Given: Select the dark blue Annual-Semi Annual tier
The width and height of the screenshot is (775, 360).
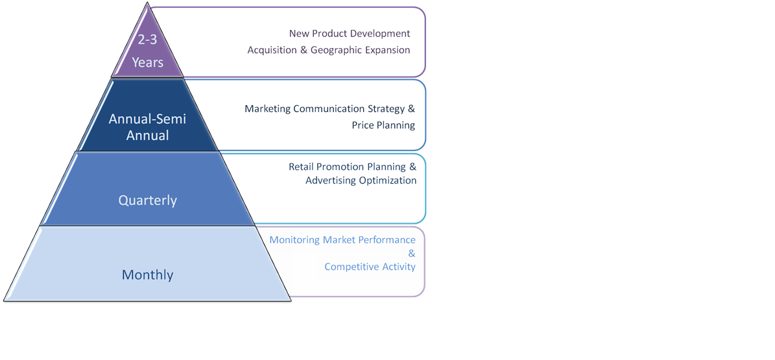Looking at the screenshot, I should coord(148,127).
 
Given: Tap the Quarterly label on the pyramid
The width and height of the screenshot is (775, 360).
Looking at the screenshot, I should coord(147,200).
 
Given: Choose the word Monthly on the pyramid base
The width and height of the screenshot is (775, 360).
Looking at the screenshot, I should coord(147,275).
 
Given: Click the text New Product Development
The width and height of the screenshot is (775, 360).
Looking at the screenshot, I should coord(350,33).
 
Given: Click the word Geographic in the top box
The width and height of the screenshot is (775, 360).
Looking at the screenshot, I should coord(338,50).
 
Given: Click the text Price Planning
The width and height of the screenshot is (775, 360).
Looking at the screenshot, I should coord(383,125).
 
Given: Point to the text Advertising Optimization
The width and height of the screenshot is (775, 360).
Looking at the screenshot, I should coord(361,180).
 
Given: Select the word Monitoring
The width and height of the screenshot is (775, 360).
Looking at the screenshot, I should coord(294,240).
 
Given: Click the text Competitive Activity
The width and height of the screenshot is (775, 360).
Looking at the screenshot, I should coord(370,267).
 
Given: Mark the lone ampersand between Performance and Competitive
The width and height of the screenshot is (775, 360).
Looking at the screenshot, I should coord(411,254).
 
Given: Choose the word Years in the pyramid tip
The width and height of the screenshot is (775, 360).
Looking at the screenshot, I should coord(148,63).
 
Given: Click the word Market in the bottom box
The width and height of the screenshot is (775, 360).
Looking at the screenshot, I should coord(337,240).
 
